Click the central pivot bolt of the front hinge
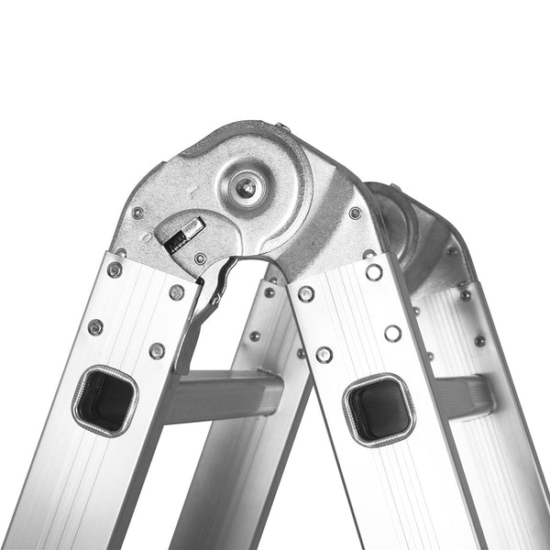(x=245, y=188)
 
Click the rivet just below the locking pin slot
(x=200, y=258)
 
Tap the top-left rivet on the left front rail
(x=115, y=269)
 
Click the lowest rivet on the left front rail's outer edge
(x=94, y=327)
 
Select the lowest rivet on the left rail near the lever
(x=157, y=350)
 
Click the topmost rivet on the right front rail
(x=374, y=272)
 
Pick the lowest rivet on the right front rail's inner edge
(x=324, y=354)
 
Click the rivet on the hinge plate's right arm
(x=355, y=213)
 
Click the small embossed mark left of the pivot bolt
(x=190, y=193)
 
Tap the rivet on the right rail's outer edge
(x=392, y=333)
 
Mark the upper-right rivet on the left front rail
(x=177, y=292)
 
